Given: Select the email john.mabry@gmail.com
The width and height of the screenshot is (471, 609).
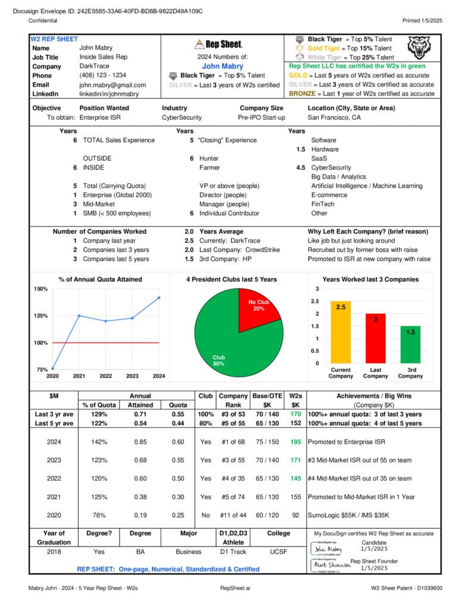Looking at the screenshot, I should [112, 85].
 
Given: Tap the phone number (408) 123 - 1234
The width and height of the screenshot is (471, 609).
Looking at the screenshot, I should [102, 76].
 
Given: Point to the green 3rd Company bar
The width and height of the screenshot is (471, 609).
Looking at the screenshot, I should [410, 344].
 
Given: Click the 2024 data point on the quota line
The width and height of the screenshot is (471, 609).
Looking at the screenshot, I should [159, 297].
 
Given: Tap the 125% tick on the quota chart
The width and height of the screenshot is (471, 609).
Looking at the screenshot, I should [40, 316].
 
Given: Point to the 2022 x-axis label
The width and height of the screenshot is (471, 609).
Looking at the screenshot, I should [105, 376].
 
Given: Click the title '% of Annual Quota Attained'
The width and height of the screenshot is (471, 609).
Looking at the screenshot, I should [100, 279].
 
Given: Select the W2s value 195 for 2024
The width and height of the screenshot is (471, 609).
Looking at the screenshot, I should [295, 442].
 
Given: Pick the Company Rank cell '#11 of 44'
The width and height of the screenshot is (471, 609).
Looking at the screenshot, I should [233, 516].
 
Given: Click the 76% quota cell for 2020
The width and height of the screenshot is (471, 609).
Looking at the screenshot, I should [99, 516].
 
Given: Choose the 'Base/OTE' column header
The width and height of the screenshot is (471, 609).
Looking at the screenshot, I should [267, 395].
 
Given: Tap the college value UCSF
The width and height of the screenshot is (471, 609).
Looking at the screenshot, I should [278, 551].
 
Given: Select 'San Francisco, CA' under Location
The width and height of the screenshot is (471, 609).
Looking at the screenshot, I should [334, 118].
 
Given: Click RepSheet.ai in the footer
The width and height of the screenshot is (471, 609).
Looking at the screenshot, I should [235, 588].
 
